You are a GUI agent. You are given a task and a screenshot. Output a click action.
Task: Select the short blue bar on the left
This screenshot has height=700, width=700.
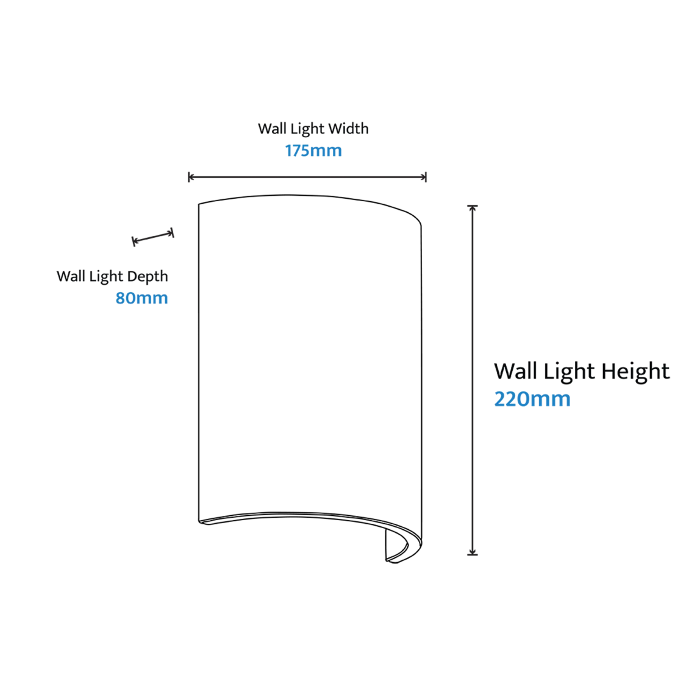click(154, 299)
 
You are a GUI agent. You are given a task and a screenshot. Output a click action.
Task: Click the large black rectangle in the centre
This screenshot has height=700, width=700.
click(329, 360)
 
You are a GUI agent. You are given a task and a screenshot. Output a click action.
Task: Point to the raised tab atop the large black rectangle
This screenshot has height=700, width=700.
click(290, 193)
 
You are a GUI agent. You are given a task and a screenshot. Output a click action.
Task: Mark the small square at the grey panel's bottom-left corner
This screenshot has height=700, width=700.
click(468, 556)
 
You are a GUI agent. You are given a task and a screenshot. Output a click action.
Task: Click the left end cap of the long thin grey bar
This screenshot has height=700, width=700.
click(189, 178)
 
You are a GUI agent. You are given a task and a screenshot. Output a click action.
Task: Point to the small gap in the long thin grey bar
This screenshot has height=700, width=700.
click(426, 174)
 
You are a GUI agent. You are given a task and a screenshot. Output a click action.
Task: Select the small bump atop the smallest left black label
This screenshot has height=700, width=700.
click(172, 228)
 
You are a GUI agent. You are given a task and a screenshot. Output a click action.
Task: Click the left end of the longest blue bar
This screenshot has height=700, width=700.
click(289, 149)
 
